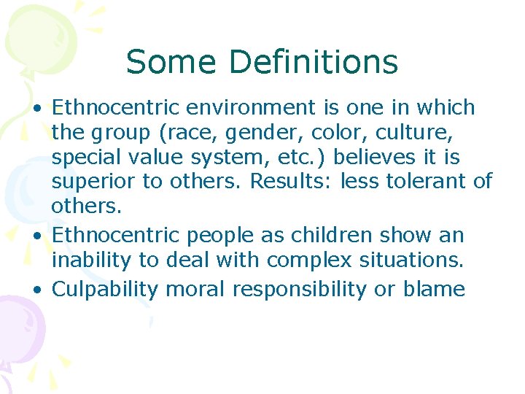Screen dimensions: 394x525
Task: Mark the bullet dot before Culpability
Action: point(36,290)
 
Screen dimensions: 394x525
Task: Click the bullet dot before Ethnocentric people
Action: point(36,236)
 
